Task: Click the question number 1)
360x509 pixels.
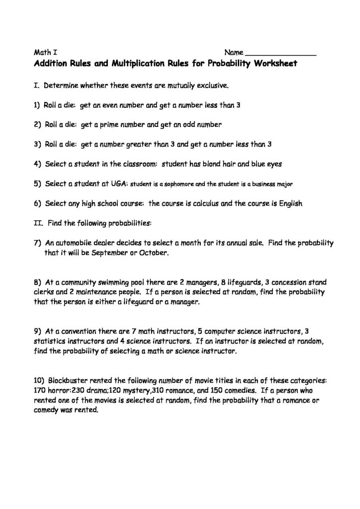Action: click(37, 105)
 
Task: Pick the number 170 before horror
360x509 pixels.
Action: click(40, 389)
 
